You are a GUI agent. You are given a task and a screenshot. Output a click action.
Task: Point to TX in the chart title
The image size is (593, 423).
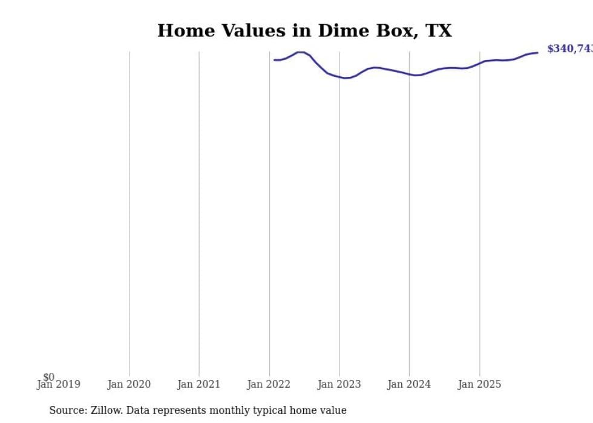tap(437, 31)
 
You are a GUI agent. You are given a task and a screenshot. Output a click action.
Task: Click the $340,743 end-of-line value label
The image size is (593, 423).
tap(569, 49)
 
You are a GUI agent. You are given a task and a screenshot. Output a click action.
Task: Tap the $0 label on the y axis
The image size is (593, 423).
tap(48, 377)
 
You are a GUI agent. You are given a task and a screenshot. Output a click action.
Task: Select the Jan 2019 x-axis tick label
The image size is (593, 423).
tap(59, 384)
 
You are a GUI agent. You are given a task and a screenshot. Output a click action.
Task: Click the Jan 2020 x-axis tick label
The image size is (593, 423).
tap(129, 384)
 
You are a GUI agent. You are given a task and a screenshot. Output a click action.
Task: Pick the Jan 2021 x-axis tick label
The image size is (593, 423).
tap(199, 384)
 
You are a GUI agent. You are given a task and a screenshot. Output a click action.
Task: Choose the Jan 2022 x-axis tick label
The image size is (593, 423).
tap(269, 384)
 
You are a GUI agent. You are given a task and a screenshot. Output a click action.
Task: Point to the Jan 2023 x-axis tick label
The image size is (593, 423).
tap(339, 384)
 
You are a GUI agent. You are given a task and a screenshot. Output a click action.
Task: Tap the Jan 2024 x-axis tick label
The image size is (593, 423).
tap(409, 384)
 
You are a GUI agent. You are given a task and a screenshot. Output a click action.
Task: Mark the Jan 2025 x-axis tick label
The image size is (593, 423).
tap(479, 384)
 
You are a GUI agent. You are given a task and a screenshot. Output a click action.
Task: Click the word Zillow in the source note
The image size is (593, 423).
tap(106, 410)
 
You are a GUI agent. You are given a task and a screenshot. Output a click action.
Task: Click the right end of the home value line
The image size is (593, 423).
tap(537, 53)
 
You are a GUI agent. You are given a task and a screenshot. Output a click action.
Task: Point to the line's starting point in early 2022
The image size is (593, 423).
tap(274, 60)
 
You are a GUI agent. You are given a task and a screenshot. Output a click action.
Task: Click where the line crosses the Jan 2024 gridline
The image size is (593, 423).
tap(409, 74)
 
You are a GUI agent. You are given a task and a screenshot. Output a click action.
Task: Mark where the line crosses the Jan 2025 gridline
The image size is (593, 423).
tap(479, 63)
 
